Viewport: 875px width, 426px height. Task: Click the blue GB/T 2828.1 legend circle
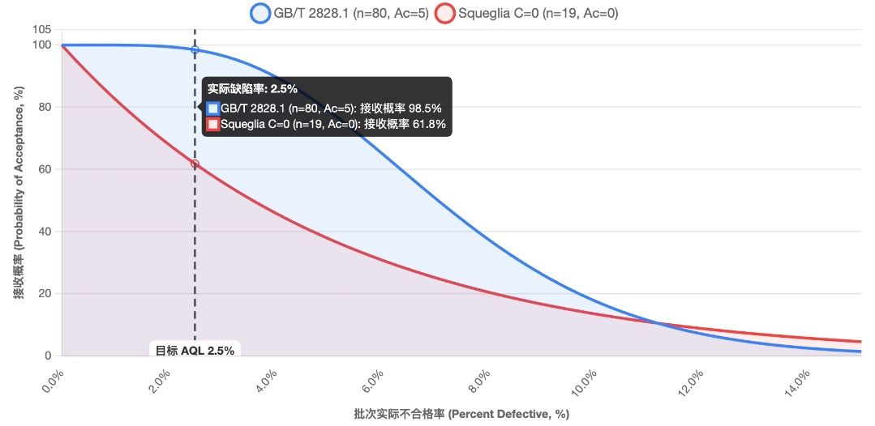(260, 13)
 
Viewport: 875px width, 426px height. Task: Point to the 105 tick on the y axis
(41, 30)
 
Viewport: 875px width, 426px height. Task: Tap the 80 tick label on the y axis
(45, 107)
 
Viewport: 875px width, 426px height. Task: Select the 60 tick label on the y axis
(45, 169)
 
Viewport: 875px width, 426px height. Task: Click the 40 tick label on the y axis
(45, 232)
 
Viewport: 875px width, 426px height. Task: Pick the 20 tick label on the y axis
(45, 294)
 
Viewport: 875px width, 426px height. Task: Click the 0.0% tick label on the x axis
(51, 379)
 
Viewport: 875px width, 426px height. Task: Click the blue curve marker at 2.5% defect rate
(195, 50)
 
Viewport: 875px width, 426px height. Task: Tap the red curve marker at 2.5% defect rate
(195, 164)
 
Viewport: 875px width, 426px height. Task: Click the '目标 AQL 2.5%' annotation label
(195, 351)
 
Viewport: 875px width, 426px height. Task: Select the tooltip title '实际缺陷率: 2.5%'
(252, 89)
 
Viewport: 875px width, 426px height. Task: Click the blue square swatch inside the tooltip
(212, 108)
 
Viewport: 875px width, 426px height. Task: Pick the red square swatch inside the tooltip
(212, 125)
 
